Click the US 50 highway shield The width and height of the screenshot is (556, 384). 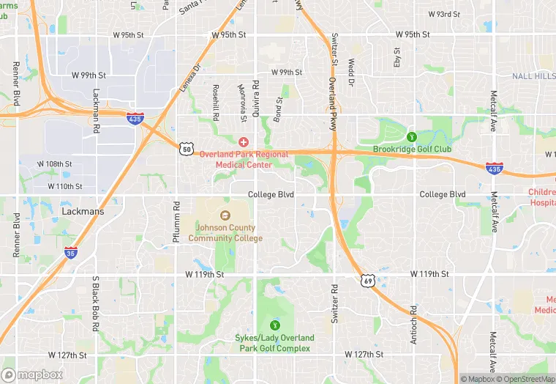187,149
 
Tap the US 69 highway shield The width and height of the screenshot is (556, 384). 367,280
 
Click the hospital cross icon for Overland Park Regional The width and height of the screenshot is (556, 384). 243,141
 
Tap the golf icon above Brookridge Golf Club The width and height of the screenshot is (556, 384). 411,136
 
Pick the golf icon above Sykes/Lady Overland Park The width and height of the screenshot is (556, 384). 276,325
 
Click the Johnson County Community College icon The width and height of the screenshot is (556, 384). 225,215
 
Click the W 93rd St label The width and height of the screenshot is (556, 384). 443,14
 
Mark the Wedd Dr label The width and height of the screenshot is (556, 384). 351,73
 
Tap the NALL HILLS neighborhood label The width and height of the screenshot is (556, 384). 533,76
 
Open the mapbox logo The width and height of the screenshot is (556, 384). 32,375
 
